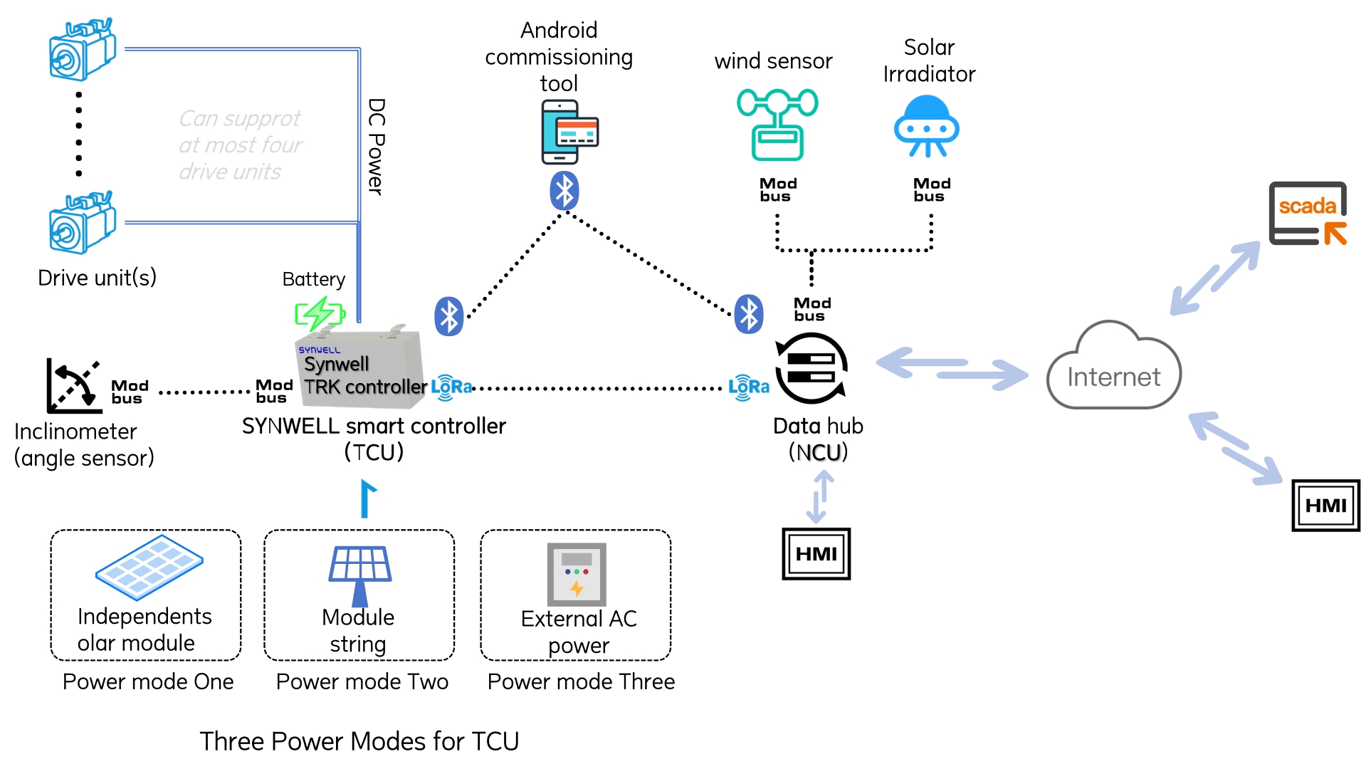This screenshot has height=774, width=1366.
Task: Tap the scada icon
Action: pyautogui.click(x=1308, y=213)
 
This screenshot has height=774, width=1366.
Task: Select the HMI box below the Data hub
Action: pyautogui.click(x=816, y=554)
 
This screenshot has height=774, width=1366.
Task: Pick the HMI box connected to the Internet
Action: pyautogui.click(x=1325, y=506)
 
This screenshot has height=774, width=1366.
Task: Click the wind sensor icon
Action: pyautogui.click(x=777, y=125)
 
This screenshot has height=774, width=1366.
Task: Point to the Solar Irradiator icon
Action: pyautogui.click(x=926, y=127)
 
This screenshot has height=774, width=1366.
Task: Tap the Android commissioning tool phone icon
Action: pyautogui.click(x=569, y=132)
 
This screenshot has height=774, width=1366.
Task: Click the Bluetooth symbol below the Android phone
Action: pyautogui.click(x=564, y=191)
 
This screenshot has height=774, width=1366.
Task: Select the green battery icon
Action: pyautogui.click(x=320, y=313)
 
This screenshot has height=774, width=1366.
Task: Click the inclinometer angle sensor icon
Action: pyautogui.click(x=73, y=387)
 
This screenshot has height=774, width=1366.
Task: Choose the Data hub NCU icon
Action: pyautogui.click(x=811, y=368)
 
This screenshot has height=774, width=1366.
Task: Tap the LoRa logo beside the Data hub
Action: pyautogui.click(x=748, y=387)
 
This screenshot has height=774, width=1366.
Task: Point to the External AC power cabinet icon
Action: pyautogui.click(x=577, y=574)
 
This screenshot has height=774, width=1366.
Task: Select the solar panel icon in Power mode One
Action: pyautogui.click(x=149, y=568)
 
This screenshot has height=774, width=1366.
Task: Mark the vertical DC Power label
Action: pyautogui.click(x=376, y=147)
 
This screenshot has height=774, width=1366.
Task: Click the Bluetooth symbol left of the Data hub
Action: pyautogui.click(x=749, y=314)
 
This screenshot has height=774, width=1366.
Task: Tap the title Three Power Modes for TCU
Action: pyautogui.click(x=359, y=741)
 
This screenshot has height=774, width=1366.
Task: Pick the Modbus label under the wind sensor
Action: pyautogui.click(x=777, y=190)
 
